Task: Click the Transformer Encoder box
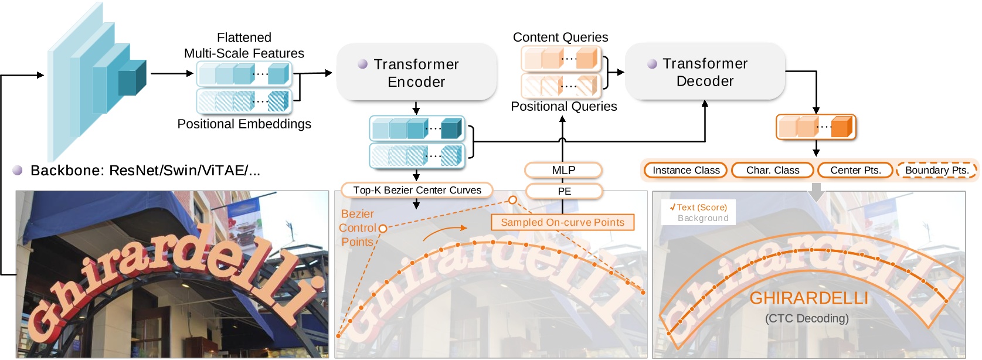point(416,72)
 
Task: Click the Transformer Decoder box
point(705,72)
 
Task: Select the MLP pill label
point(563,170)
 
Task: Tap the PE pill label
point(564,191)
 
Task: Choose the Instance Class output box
point(686,170)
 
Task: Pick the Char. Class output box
point(773,170)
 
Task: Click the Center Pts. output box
point(855,170)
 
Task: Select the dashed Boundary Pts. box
point(937,170)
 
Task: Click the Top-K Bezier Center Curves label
point(417,191)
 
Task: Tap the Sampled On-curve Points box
point(562,222)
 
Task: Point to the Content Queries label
point(560,38)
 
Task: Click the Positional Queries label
point(564,106)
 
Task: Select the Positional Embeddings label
point(244,124)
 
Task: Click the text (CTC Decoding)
point(807,318)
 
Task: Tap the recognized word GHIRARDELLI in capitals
point(809,298)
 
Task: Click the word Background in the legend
point(703,218)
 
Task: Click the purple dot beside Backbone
point(18,170)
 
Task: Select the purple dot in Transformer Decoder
point(652,64)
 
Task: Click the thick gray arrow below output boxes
point(816,192)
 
